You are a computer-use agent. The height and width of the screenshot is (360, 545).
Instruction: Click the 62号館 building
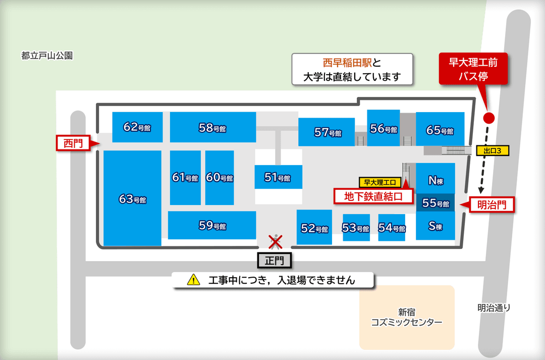[137, 127]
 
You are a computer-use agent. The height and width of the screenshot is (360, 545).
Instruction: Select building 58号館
[212, 127]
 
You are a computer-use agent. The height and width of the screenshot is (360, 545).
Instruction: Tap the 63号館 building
[132, 198]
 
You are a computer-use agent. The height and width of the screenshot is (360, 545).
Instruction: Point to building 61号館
[185, 177]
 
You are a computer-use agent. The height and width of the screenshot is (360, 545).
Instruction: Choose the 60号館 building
[220, 177]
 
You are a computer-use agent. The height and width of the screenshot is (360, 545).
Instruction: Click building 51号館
[278, 177]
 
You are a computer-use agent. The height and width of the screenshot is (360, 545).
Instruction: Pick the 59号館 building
[212, 226]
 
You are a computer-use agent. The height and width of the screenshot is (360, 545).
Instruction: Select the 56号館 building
[384, 128]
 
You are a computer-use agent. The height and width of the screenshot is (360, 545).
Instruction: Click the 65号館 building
[440, 130]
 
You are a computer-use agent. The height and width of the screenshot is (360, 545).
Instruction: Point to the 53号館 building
[356, 228]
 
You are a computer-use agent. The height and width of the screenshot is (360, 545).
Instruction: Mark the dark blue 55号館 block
[435, 203]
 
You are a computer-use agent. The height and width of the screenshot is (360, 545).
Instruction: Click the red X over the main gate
[275, 242]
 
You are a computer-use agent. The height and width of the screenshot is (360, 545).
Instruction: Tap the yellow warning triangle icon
[194, 280]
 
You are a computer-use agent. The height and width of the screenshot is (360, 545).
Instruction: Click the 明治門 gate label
[492, 204]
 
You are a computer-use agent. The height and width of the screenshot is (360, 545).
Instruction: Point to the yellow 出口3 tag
[492, 150]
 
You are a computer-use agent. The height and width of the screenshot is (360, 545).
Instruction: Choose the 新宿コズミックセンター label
[407, 318]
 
